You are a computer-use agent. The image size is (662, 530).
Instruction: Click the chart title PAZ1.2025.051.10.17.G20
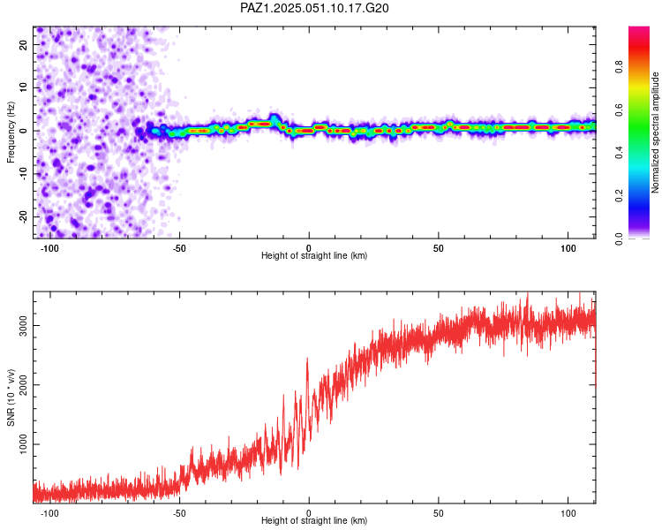pyautogui.click(x=314, y=8)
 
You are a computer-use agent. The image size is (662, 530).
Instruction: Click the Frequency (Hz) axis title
pyautogui.click(x=11, y=132)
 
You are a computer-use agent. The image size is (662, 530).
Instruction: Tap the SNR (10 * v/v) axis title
pyautogui.click(x=11, y=397)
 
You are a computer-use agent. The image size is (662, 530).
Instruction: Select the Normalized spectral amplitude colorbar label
pyautogui.click(x=655, y=132)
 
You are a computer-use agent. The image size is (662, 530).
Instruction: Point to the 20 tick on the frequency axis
pyautogui.click(x=23, y=44)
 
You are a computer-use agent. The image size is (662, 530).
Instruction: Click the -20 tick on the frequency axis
pyautogui.click(x=23, y=217)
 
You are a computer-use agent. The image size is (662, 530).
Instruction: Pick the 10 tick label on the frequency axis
pyautogui.click(x=23, y=87)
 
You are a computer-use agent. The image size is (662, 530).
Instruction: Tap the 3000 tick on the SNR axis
pyautogui.click(x=23, y=325)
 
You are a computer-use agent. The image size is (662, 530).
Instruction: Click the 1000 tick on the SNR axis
pyautogui.click(x=23, y=444)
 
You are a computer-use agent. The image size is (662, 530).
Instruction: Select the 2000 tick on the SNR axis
pyautogui.click(x=23, y=385)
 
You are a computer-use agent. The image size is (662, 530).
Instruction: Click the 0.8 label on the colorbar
pyautogui.click(x=619, y=67)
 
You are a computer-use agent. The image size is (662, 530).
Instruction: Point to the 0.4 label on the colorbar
pyautogui.click(x=619, y=153)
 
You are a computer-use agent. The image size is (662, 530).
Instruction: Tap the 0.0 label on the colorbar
pyautogui.click(x=619, y=238)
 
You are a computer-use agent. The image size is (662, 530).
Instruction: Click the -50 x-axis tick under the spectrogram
pyautogui.click(x=179, y=248)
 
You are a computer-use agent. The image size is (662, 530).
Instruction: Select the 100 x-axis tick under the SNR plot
pyautogui.click(x=568, y=513)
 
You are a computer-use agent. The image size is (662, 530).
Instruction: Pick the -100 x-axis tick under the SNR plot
pyautogui.click(x=49, y=513)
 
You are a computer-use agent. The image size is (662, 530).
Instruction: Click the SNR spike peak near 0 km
pyautogui.click(x=307, y=359)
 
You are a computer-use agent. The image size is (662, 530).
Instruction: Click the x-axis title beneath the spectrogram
pyautogui.click(x=314, y=255)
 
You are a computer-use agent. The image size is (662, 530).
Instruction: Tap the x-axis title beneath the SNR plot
pyautogui.click(x=314, y=520)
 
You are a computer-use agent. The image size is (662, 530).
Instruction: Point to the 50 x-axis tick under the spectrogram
pyautogui.click(x=439, y=248)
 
